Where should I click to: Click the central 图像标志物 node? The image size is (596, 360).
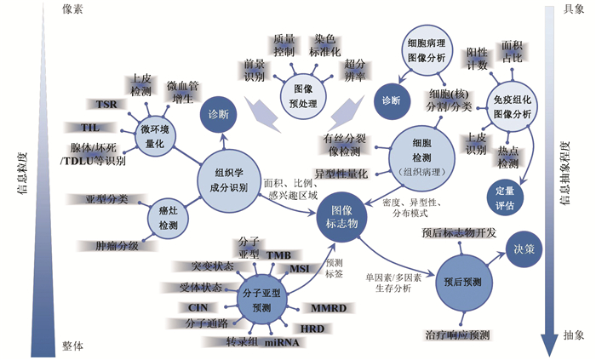341,219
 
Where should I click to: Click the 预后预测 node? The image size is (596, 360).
463,281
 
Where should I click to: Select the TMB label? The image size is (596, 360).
278,254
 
